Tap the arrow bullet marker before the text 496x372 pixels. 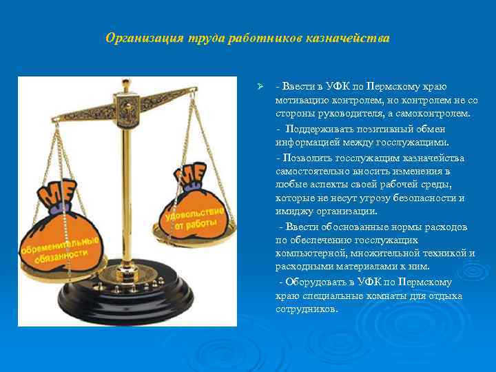click(260, 86)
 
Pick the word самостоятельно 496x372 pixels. click(311, 171)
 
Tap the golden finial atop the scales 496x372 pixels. click(126, 86)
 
